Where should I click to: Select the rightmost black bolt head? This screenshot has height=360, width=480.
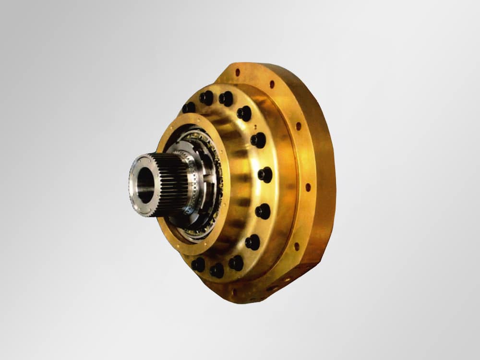tap(265, 174)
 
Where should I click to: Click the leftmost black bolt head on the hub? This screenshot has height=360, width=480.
tap(189, 108)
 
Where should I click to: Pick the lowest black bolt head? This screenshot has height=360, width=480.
tap(217, 270)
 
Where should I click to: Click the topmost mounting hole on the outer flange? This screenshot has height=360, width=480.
tap(237, 72)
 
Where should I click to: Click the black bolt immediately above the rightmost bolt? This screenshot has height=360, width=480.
tap(258, 140)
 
